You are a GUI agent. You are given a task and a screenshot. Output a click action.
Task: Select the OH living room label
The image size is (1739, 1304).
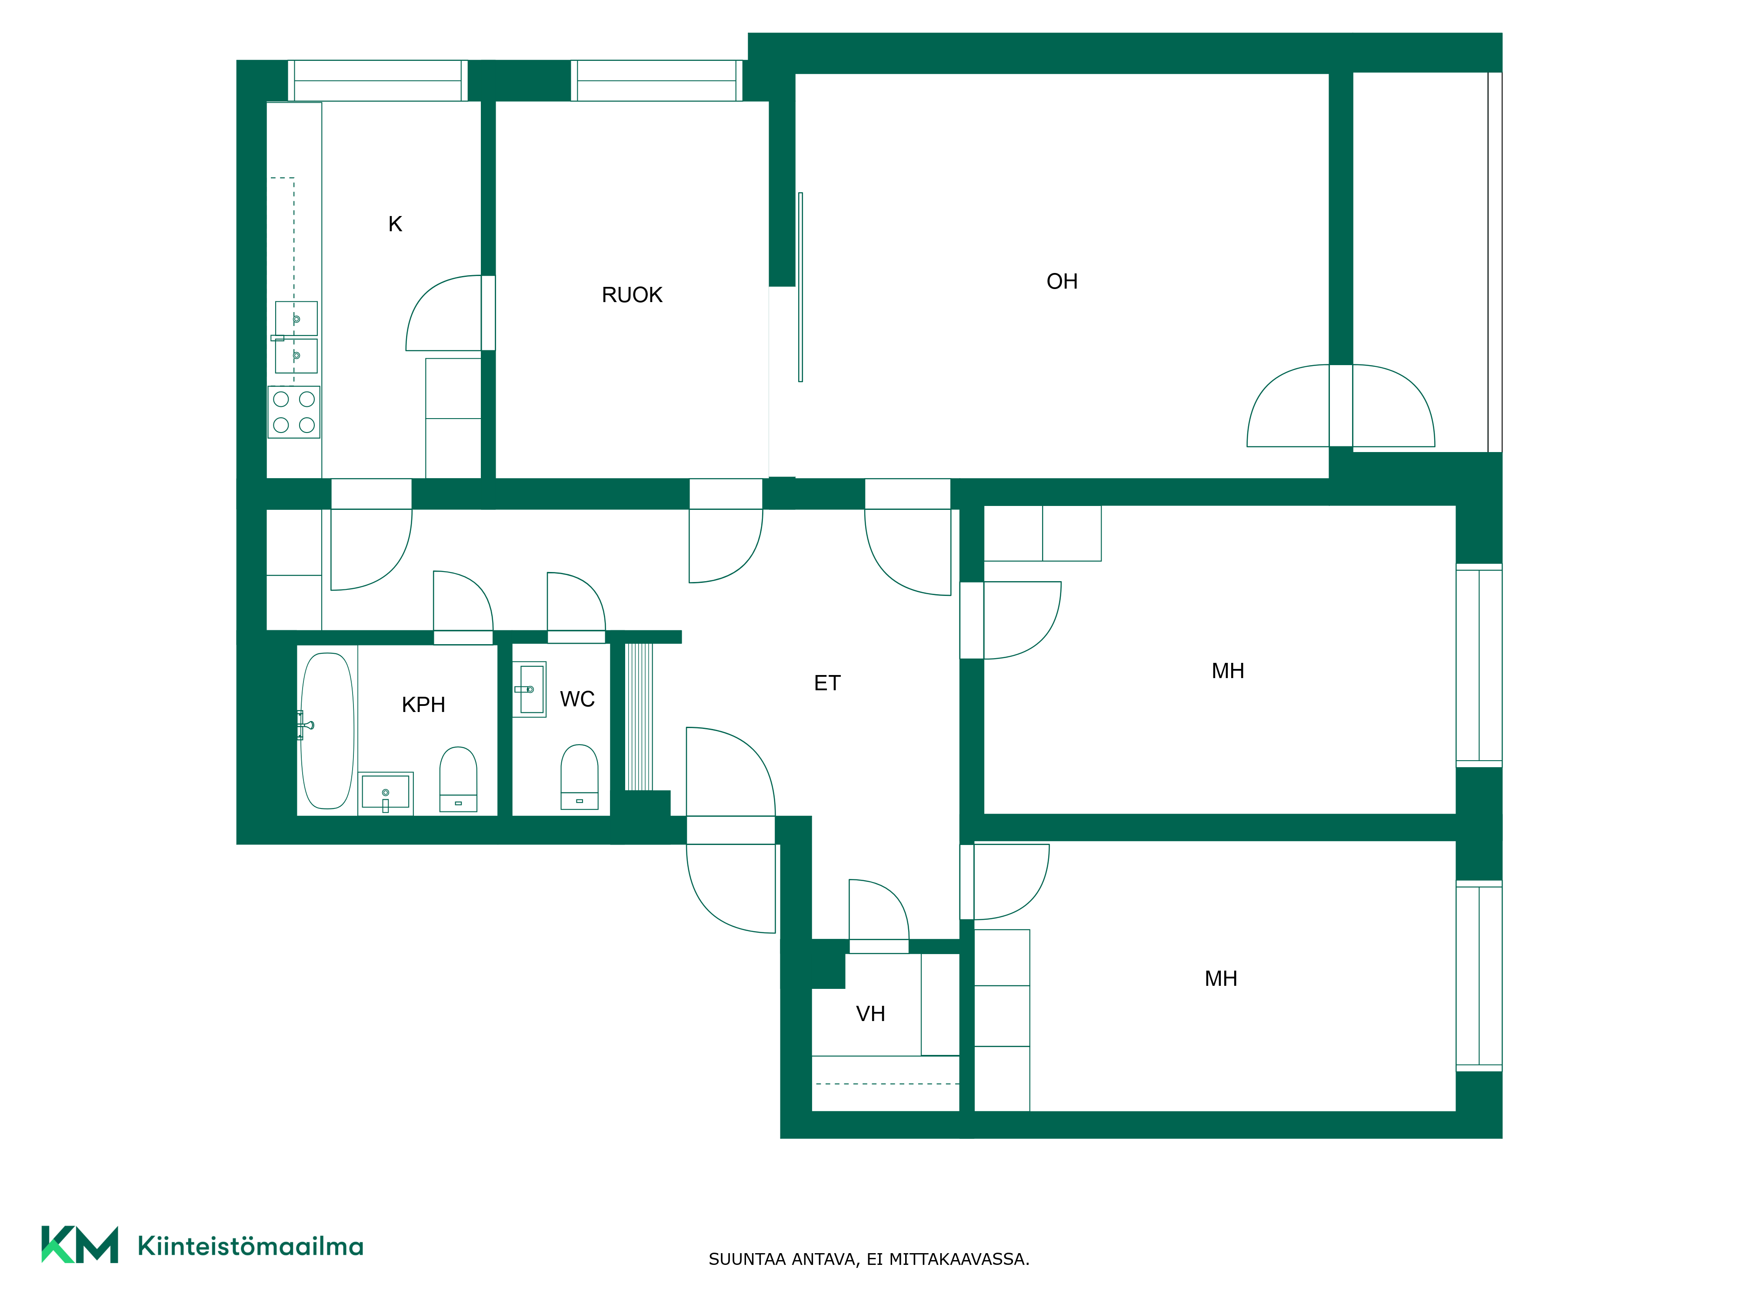click(1062, 281)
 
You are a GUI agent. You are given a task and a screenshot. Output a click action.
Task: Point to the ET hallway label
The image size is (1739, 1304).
click(827, 683)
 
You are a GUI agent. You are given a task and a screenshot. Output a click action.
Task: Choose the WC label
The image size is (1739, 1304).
click(577, 699)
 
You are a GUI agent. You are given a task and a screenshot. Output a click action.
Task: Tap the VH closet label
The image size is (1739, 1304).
click(870, 1014)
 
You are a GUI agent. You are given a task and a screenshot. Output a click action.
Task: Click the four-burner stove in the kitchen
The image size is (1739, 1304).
click(294, 412)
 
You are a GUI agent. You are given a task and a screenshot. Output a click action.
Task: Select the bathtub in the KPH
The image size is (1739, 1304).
click(327, 731)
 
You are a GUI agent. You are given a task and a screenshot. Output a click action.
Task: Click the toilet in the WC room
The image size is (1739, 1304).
click(580, 777)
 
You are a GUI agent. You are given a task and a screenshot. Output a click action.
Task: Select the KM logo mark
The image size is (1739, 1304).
click(80, 1244)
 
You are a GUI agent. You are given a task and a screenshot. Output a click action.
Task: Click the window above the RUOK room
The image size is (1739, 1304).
click(656, 80)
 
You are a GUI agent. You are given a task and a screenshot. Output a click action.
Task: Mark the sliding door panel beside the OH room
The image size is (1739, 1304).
click(800, 287)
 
